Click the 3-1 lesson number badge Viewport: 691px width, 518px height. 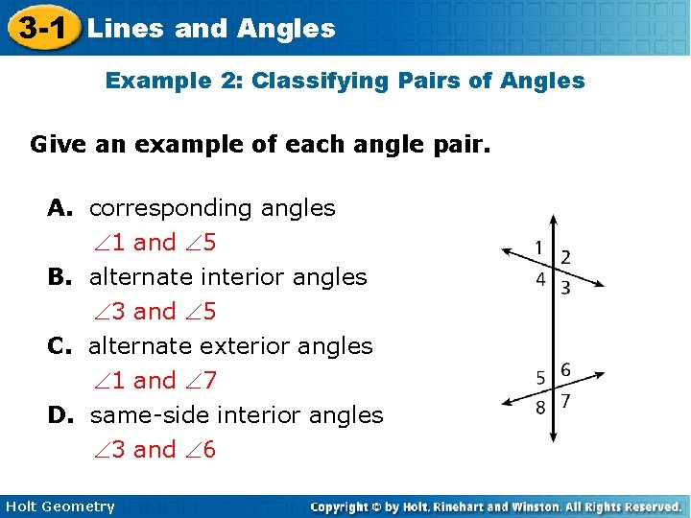coord(40,28)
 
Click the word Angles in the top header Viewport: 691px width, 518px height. coord(295,29)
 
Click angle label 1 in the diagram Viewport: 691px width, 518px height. coord(540,247)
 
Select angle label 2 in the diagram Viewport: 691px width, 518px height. coord(565,257)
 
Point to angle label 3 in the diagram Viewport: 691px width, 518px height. coord(565,287)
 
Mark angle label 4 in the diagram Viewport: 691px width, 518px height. coord(541,280)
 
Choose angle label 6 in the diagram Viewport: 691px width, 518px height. coord(565,369)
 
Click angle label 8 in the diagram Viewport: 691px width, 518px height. coord(541,407)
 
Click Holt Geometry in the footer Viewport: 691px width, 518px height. coord(60,506)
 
